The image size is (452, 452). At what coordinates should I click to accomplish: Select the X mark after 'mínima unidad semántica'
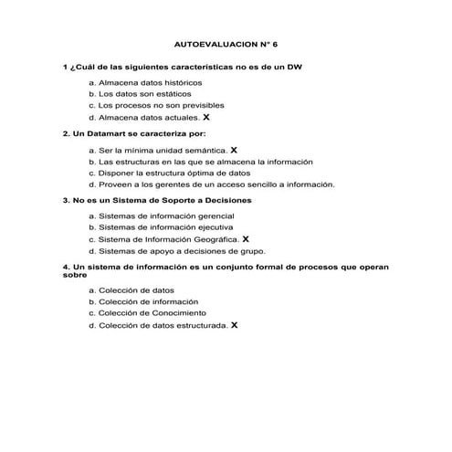point(234,148)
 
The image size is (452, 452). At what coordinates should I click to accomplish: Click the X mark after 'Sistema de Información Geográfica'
point(247,238)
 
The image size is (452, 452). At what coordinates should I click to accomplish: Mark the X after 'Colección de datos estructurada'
point(235,324)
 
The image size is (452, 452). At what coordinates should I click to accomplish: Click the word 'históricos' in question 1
point(170,82)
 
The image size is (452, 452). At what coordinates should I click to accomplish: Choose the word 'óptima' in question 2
point(205,172)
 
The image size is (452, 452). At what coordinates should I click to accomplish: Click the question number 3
point(65,199)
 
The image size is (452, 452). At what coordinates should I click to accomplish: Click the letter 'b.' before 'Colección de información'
point(92,301)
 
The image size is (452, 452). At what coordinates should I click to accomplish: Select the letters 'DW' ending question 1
point(293,67)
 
